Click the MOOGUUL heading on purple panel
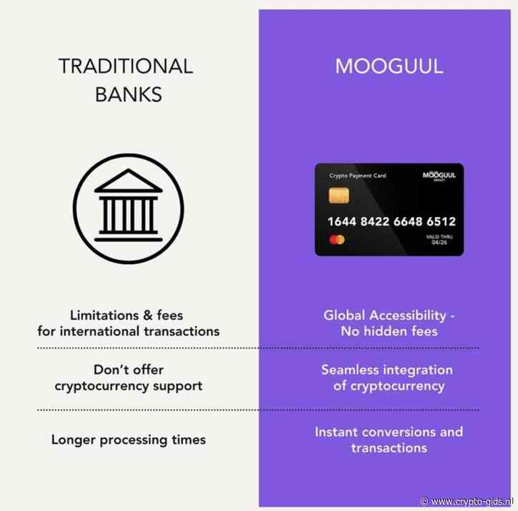(389, 67)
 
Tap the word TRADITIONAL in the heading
(126, 67)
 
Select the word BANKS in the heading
(126, 93)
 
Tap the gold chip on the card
(339, 196)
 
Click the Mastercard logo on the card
(337, 240)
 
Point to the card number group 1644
(342, 221)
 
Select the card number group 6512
(439, 221)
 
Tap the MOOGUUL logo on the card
(439, 176)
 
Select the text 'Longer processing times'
(129, 440)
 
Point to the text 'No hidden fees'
(389, 331)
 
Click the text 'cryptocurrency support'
(129, 385)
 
